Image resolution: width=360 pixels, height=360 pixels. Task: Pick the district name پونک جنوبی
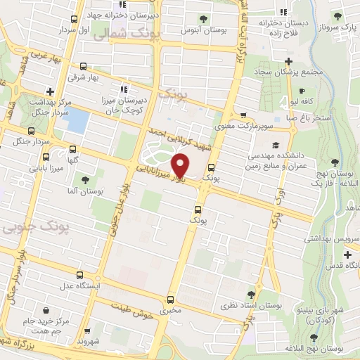(25, 229)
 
